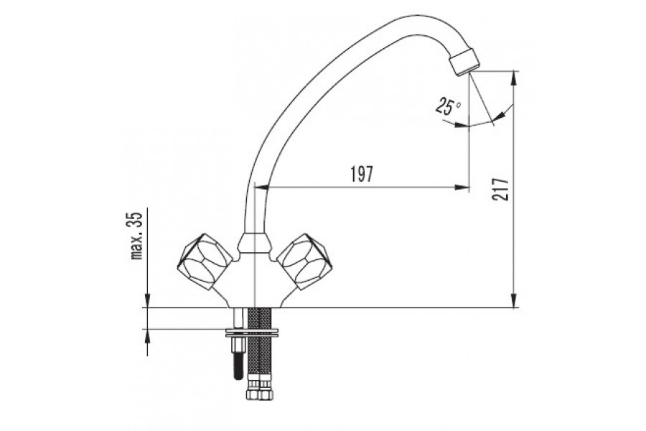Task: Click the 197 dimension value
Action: [362, 174]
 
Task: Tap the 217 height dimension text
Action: [500, 190]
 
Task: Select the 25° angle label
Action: [448, 106]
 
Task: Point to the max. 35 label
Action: [136, 236]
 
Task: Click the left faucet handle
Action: [205, 261]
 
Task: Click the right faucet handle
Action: [304, 261]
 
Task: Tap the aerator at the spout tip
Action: [465, 62]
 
